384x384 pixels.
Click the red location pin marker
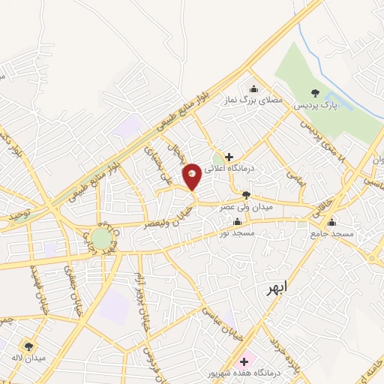192,177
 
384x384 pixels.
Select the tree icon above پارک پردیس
315,93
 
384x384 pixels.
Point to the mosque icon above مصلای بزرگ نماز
253,87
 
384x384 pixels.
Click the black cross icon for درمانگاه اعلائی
229,156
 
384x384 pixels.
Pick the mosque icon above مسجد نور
238,222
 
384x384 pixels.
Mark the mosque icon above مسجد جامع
331,222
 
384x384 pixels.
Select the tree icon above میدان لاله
28,346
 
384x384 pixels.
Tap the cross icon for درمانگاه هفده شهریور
244,361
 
